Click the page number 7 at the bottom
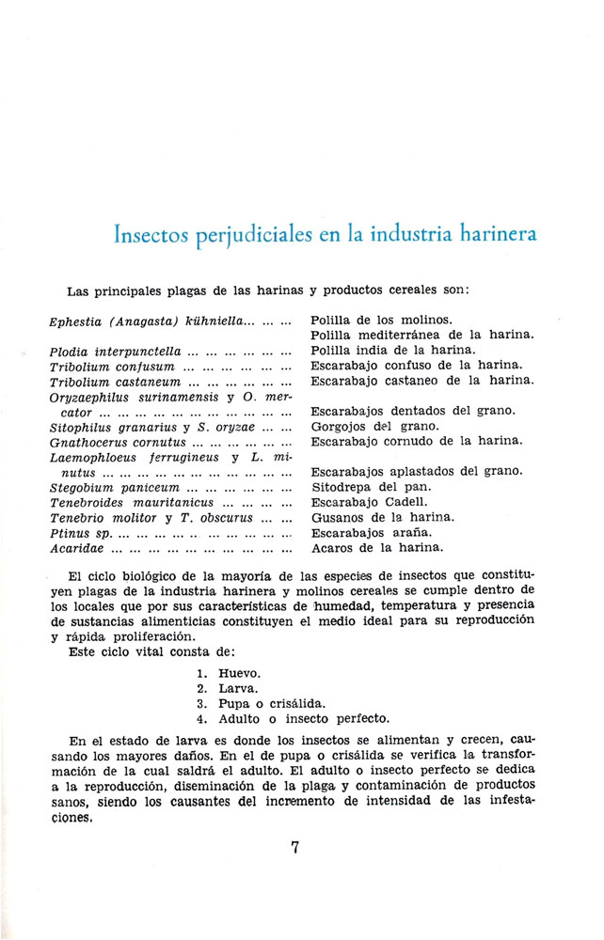(295, 847)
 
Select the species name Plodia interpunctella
(115, 351)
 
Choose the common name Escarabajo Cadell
(369, 501)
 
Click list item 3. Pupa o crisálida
(258, 703)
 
